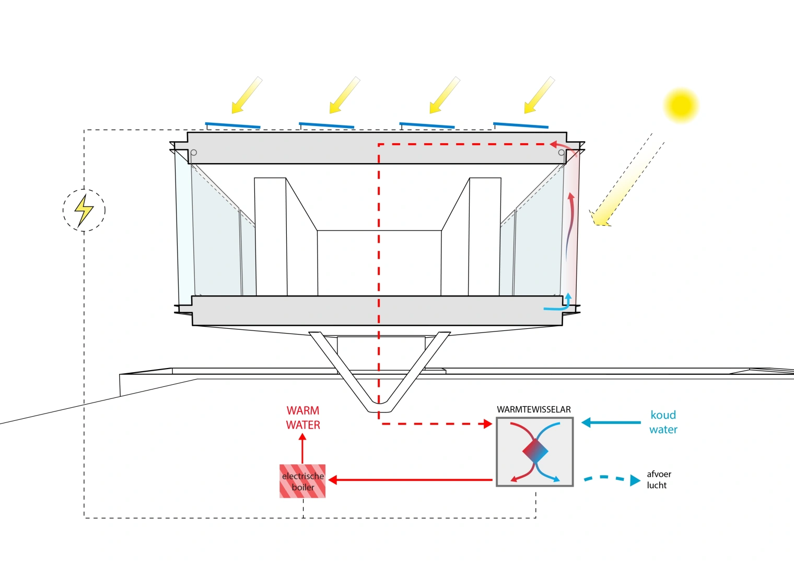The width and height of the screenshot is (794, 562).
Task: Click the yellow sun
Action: click(681, 106)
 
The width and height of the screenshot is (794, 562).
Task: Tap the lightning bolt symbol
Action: click(84, 210)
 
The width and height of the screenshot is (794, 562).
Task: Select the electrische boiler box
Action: click(302, 481)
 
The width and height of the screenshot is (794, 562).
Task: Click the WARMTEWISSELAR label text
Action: click(533, 409)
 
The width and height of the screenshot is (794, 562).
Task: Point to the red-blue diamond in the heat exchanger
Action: click(535, 451)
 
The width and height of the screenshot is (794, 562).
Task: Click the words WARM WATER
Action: click(303, 418)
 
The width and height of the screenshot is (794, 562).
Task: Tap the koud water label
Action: click(663, 422)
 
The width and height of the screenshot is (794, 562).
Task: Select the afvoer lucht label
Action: click(658, 479)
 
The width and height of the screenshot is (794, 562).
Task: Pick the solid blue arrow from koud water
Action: click(611, 422)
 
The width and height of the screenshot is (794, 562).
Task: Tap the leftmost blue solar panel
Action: click(232, 125)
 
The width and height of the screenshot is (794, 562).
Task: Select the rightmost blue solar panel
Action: click(521, 125)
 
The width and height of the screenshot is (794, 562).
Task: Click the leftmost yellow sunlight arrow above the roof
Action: click(246, 95)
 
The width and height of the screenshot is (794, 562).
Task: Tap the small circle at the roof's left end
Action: click(194, 153)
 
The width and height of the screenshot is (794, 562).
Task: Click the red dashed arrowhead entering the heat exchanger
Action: click(488, 423)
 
